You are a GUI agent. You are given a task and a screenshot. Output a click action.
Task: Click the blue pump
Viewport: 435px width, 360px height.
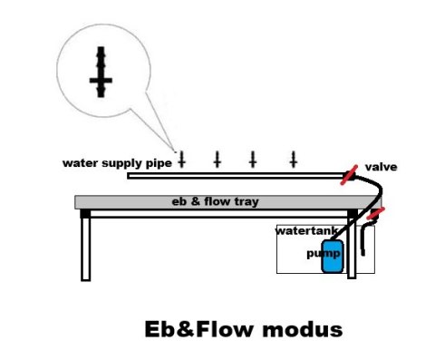(x=333, y=256)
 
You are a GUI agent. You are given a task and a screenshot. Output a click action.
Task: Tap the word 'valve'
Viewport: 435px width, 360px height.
(x=381, y=167)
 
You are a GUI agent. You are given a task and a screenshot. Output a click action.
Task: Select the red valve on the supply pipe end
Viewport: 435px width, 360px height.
(x=349, y=175)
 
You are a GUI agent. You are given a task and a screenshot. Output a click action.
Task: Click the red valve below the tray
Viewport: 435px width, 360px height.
(x=375, y=213)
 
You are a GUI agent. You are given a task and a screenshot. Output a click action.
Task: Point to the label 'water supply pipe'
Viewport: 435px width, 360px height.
(x=117, y=163)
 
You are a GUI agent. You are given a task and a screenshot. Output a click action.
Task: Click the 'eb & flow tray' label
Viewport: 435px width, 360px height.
(x=215, y=201)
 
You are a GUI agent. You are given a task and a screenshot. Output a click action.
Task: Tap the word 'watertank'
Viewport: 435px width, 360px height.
(x=306, y=231)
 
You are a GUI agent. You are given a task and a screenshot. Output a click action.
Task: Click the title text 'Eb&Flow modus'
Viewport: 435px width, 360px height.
(x=244, y=329)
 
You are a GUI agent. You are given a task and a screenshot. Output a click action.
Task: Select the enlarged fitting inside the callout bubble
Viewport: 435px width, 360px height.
(x=101, y=72)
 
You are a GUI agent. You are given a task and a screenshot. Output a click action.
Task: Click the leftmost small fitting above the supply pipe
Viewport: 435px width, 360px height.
(x=181, y=160)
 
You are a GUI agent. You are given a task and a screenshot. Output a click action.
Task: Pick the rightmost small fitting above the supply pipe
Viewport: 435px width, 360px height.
(x=294, y=160)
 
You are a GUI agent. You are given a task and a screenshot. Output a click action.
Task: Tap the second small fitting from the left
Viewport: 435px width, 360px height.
(x=217, y=160)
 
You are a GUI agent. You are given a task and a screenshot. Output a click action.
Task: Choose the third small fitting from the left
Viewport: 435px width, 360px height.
(x=253, y=160)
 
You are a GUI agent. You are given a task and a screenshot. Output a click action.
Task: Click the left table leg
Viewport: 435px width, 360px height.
(x=86, y=248)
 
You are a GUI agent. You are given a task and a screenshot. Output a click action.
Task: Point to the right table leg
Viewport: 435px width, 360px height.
(x=352, y=248)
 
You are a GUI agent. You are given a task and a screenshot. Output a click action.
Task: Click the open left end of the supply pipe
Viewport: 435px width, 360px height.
(x=128, y=176)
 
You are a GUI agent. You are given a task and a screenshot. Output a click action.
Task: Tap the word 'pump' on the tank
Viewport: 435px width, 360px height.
(x=324, y=254)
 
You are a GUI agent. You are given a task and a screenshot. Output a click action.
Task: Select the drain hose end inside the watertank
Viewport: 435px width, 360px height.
(x=362, y=253)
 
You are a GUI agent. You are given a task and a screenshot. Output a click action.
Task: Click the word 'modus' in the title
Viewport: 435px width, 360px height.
(x=303, y=329)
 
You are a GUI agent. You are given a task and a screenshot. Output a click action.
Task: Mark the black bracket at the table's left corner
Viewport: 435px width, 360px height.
(x=85, y=214)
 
